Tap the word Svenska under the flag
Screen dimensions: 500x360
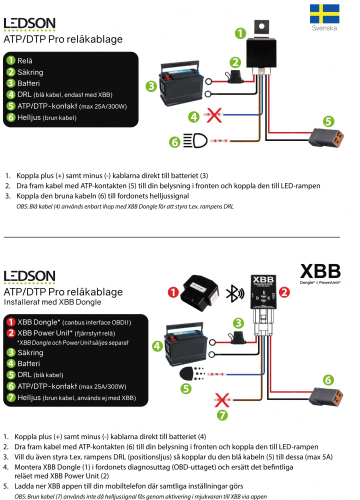coord(324,28)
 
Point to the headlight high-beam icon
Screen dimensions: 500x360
coord(192,141)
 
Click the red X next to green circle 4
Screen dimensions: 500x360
coord(214,117)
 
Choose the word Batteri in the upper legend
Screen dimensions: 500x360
coord(28,83)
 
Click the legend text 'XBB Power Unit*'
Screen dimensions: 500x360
coord(44,332)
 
